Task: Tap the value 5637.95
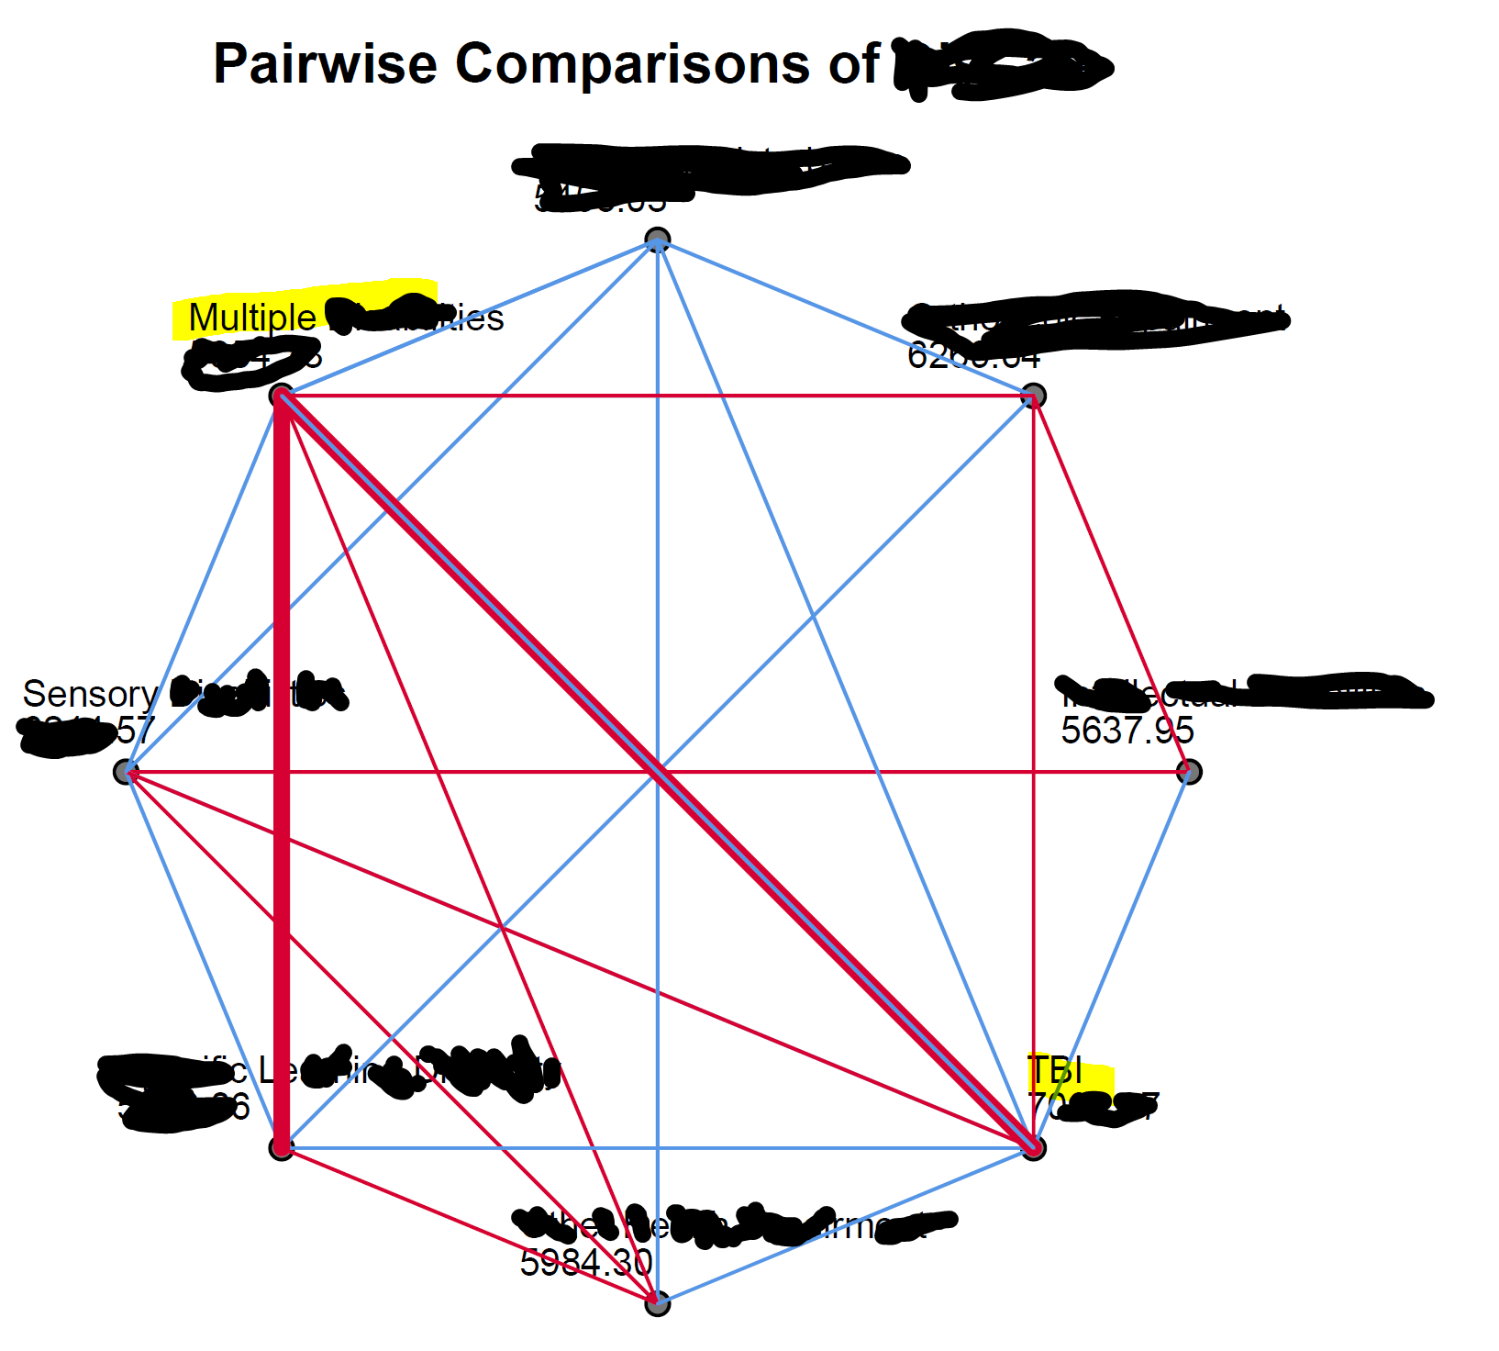point(1127,731)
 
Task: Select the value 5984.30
point(585,1263)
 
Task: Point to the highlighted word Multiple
point(251,318)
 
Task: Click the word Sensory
point(90,694)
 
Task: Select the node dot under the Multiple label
point(281,396)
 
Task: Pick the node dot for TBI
point(1034,1148)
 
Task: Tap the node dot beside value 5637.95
point(1189,772)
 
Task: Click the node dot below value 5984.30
point(657,1303)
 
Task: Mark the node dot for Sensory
point(125,772)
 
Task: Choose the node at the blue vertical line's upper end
point(657,240)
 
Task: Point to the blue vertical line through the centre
point(657,551)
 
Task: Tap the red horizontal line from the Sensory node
point(459,773)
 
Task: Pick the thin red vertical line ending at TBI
point(1034,642)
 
